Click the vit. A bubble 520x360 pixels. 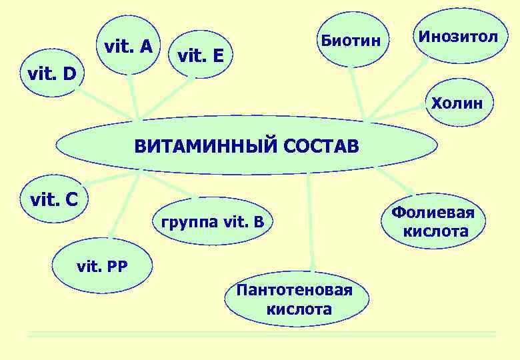tap(129, 47)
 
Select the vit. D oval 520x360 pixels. tap(51, 73)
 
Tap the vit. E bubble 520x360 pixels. tap(201, 56)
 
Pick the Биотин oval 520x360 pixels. tap(351, 40)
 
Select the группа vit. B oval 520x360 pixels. tap(213, 221)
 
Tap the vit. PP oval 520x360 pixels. tap(103, 267)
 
